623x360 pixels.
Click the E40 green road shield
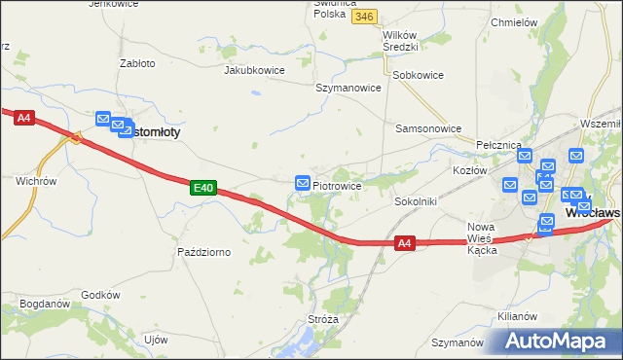pyautogui.click(x=202, y=187)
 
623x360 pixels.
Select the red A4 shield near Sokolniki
pyautogui.click(x=406, y=244)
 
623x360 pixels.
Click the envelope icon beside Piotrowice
pyautogui.click(x=303, y=183)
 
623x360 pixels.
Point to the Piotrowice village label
pyautogui.click(x=337, y=185)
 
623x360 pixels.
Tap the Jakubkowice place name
pyautogui.click(x=258, y=70)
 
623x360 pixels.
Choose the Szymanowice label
pyautogui.click(x=348, y=87)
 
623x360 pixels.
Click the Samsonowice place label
pyautogui.click(x=428, y=127)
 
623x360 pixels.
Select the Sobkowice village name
pyautogui.click(x=418, y=74)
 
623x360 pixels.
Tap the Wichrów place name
pyautogui.click(x=36, y=181)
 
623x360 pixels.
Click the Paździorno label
pyautogui.click(x=203, y=252)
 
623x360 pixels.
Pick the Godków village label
pyautogui.click(x=100, y=295)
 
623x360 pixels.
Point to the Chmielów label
pyautogui.click(x=515, y=21)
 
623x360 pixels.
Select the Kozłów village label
pyautogui.click(x=469, y=170)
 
